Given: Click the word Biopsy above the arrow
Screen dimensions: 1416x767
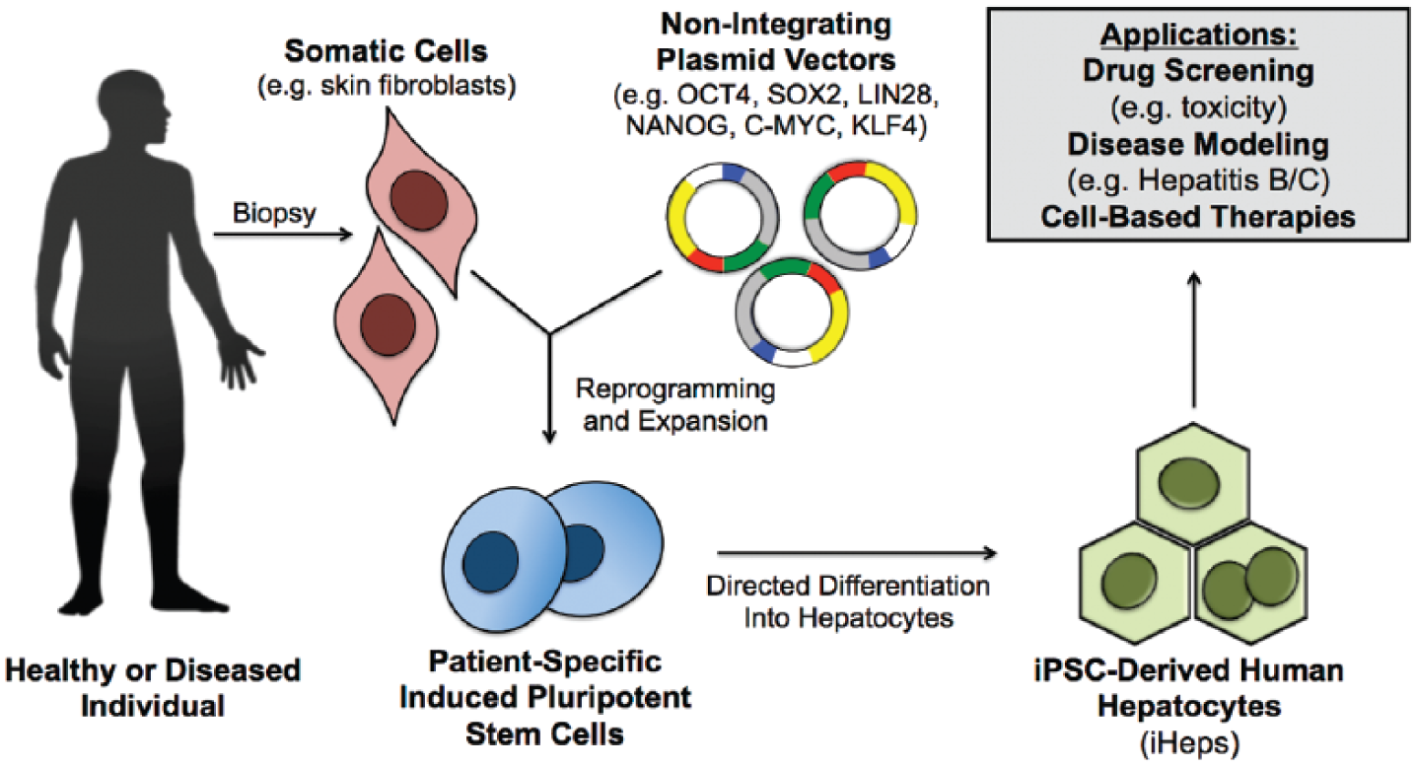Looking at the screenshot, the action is (274, 214).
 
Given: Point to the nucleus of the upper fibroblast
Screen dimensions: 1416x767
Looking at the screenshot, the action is (419, 201).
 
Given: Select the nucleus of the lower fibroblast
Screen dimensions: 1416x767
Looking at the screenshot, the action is (388, 324).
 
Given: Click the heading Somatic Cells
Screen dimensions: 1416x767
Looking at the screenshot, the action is (386, 51).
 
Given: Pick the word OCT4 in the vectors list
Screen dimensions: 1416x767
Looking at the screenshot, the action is (713, 95).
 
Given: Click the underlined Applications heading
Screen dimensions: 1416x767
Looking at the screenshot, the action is (1198, 35).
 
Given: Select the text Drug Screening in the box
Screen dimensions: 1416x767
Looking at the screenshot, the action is (1198, 70).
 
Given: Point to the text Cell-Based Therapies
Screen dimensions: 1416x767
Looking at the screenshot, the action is (1198, 217).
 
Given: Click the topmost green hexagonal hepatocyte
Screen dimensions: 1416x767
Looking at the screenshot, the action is (1193, 483).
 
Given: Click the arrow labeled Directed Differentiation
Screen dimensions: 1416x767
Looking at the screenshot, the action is (857, 553).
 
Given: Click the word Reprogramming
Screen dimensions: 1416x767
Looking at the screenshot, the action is (675, 389).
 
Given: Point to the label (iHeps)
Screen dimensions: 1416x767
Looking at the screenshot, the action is (1189, 743).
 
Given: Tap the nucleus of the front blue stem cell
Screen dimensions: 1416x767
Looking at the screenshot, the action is (490, 562).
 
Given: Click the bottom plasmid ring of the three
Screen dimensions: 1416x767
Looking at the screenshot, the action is (792, 313).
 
